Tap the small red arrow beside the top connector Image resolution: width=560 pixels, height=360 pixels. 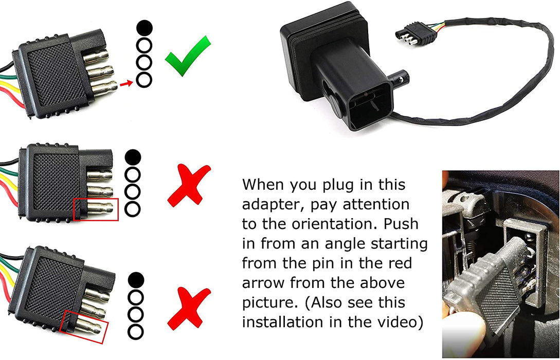click(125, 84)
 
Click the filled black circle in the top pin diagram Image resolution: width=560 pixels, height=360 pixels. click(144, 28)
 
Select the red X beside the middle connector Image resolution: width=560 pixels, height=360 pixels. click(189, 185)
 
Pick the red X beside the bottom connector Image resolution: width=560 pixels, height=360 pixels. click(189, 308)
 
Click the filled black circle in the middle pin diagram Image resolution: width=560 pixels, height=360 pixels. click(133, 157)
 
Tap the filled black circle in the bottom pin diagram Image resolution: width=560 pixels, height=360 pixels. click(136, 280)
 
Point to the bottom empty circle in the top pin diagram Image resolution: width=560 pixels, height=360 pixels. click(144, 80)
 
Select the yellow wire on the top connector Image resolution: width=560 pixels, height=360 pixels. click(11, 87)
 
